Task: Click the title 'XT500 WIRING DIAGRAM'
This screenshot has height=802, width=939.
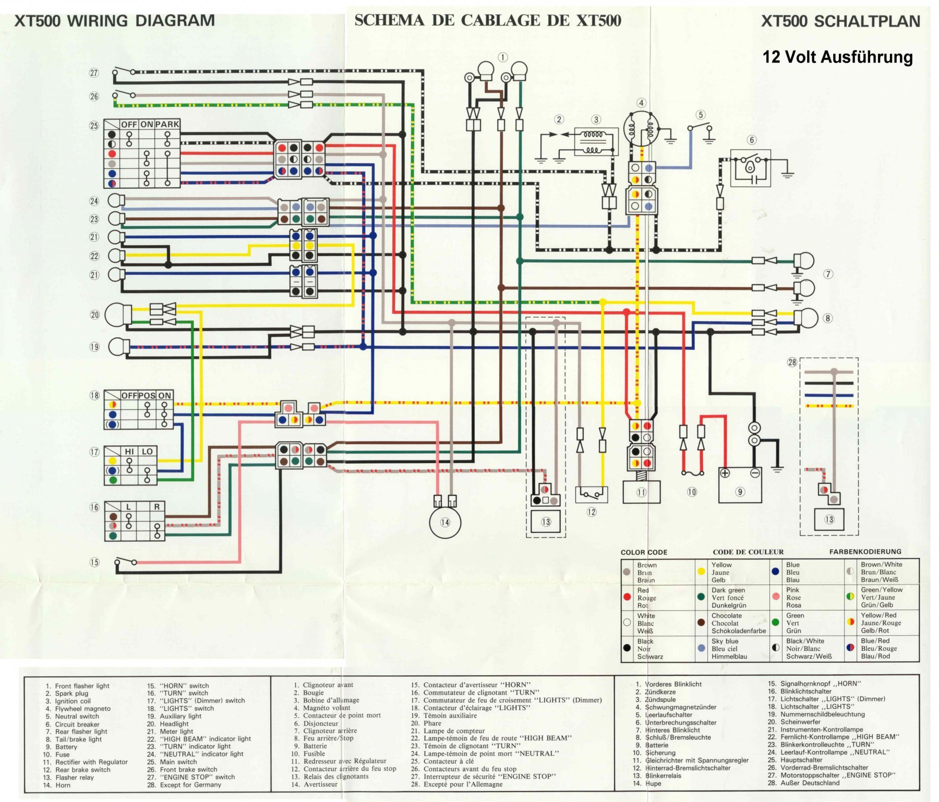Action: point(114,21)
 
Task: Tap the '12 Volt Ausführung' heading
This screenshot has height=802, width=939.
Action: point(837,57)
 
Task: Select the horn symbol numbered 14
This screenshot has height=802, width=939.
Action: point(444,522)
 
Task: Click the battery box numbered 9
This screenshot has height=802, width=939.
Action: point(740,485)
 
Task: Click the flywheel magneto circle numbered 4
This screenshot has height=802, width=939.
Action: point(641,129)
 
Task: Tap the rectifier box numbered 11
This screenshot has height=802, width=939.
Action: point(641,492)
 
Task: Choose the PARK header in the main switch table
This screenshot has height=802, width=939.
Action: point(167,125)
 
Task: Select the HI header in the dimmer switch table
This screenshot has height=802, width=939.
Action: point(129,452)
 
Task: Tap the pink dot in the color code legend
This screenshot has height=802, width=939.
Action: point(776,597)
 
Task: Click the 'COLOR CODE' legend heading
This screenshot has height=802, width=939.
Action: point(644,552)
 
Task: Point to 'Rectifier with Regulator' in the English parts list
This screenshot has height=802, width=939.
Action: point(91,762)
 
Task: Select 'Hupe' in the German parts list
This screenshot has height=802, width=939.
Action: point(653,783)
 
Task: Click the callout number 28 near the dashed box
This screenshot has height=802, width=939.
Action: point(792,362)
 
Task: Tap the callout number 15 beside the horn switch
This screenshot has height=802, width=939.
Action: point(94,562)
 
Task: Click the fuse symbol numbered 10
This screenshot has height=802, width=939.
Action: point(692,473)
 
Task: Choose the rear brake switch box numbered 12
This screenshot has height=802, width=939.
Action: point(591,494)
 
